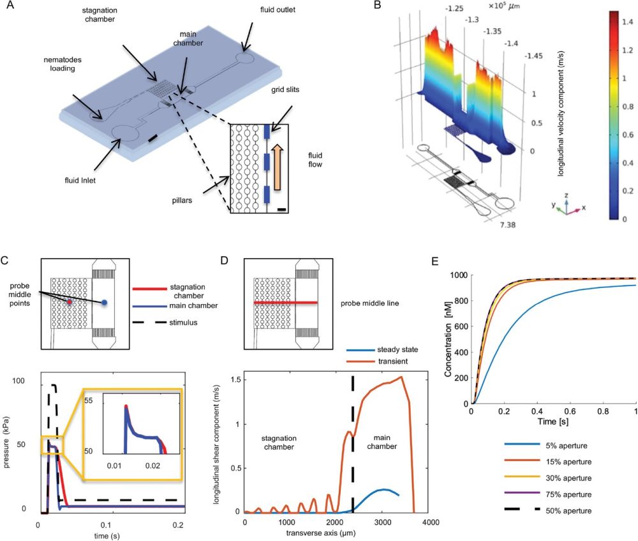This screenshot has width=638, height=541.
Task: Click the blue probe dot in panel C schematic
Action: [x=105, y=301]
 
